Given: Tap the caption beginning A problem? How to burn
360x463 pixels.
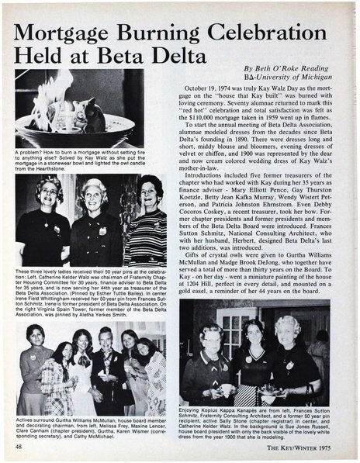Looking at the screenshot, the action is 85,160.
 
